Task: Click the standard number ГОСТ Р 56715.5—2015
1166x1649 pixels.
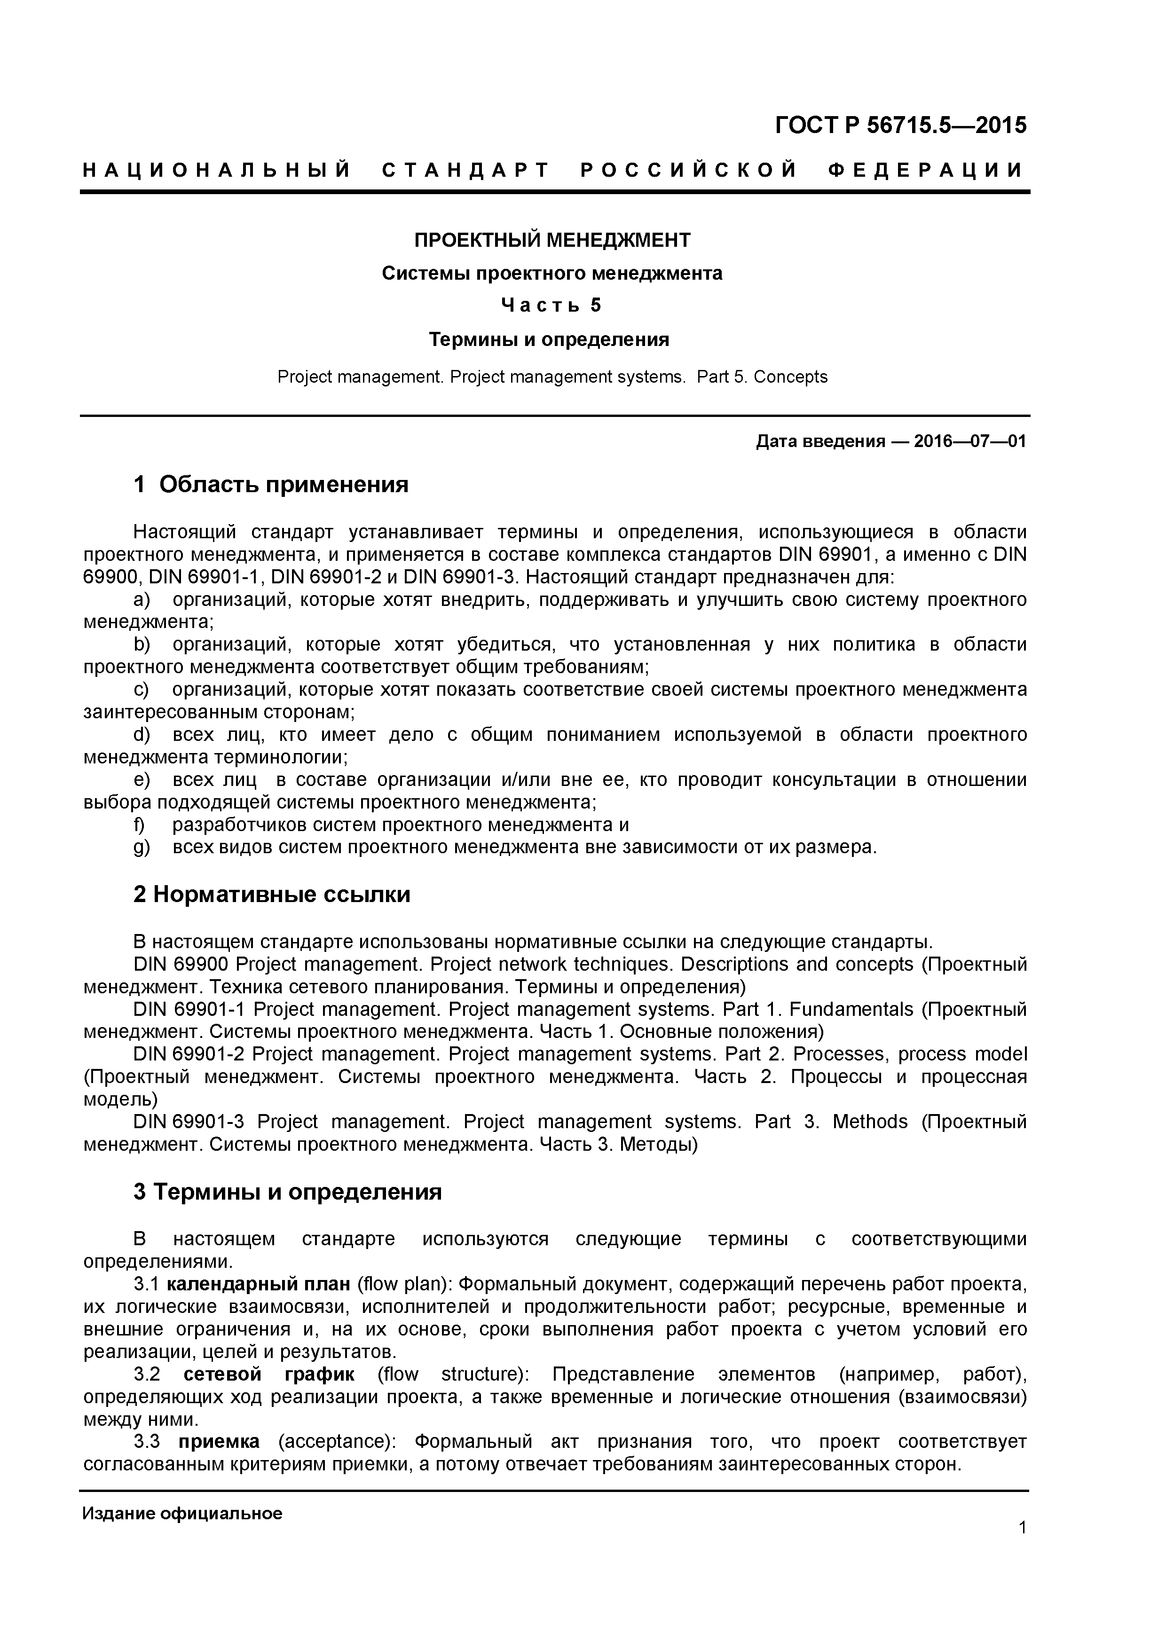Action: coord(900,126)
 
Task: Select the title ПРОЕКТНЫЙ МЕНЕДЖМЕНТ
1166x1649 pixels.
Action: coord(552,240)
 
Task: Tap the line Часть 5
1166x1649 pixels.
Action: coord(551,306)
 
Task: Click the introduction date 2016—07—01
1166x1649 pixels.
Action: coord(970,441)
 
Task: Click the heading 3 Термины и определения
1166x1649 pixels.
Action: coord(287,1192)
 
